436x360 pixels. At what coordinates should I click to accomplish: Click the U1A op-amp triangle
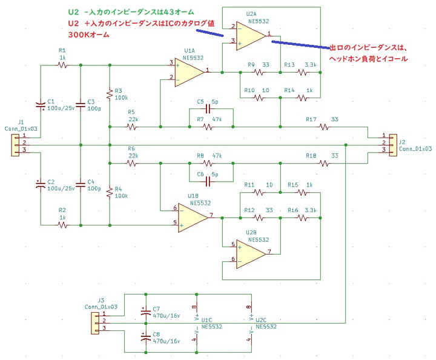coord(189,72)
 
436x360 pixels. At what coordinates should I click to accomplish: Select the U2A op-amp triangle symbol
coord(251,36)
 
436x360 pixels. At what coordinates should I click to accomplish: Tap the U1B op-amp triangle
coord(193,218)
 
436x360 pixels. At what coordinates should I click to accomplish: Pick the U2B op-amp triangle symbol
coord(251,254)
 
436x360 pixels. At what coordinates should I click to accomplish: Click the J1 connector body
coord(15,145)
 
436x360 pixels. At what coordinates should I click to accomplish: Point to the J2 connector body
coord(393,145)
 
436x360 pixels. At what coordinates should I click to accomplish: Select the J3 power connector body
coord(96,323)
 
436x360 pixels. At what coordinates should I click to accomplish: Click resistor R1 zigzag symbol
coord(62,65)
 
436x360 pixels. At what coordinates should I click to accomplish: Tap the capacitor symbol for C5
coord(208,108)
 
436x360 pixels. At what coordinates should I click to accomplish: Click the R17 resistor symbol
coord(324,127)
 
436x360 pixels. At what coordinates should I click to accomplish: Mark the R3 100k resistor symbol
coord(110,95)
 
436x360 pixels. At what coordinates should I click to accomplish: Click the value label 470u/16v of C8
coord(167,341)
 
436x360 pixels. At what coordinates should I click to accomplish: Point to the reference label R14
coord(289,90)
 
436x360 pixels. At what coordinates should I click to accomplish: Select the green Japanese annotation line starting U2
coord(131,12)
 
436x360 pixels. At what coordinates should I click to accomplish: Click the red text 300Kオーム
coord(88,35)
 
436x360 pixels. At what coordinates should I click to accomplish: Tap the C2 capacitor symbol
coord(41,185)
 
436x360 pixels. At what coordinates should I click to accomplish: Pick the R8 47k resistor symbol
coord(208,163)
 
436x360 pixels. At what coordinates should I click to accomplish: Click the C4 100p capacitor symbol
coord(81,185)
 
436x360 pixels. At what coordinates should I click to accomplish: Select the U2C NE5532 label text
coord(266,323)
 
